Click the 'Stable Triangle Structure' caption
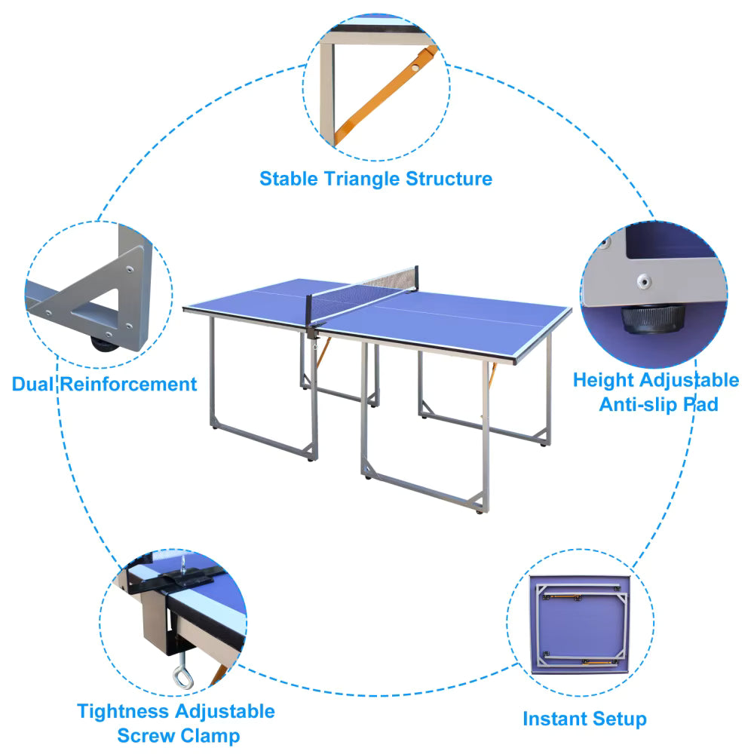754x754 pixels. click(x=375, y=179)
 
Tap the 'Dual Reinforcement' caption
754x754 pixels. click(x=104, y=384)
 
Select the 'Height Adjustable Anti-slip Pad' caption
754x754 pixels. click(x=655, y=391)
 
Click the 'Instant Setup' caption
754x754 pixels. click(x=584, y=719)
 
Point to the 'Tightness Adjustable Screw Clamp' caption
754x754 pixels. click(x=176, y=722)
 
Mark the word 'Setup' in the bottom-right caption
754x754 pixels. click(x=618, y=719)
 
